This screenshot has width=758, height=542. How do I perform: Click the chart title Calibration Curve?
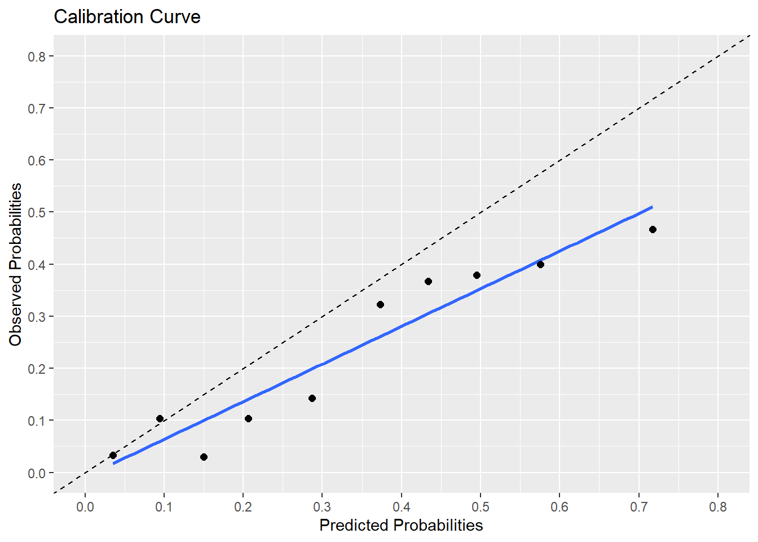(127, 17)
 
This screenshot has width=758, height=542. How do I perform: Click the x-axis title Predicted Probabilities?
(401, 525)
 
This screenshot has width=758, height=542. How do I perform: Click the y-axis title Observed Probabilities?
(15, 264)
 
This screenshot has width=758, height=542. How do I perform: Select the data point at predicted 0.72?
(653, 229)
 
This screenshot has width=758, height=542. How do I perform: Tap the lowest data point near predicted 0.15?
(204, 457)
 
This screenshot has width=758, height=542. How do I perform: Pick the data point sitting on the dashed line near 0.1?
(160, 418)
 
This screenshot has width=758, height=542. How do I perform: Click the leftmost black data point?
(113, 455)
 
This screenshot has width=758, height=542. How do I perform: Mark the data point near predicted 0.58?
(540, 264)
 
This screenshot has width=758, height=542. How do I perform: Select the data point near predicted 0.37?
(380, 304)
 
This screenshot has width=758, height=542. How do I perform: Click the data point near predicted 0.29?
(312, 398)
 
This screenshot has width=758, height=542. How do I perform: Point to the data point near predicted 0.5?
(477, 275)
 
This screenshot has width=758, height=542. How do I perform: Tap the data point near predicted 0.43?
(428, 281)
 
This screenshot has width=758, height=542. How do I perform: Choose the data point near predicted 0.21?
(248, 418)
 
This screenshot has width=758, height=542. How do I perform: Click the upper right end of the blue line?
(651, 207)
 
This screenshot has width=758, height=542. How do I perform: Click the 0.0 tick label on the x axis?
(85, 507)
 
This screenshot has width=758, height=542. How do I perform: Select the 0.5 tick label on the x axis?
(481, 507)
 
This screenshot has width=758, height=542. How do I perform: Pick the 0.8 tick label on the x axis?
(718, 507)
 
